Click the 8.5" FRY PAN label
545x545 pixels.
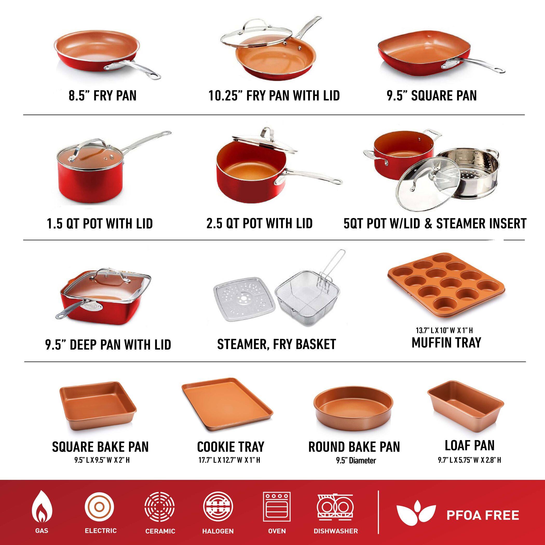pyautogui.click(x=103, y=95)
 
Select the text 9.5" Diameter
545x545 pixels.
pyautogui.click(x=356, y=461)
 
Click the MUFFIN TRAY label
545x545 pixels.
pyautogui.click(x=446, y=343)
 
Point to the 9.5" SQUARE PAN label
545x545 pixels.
pyautogui.click(x=432, y=95)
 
